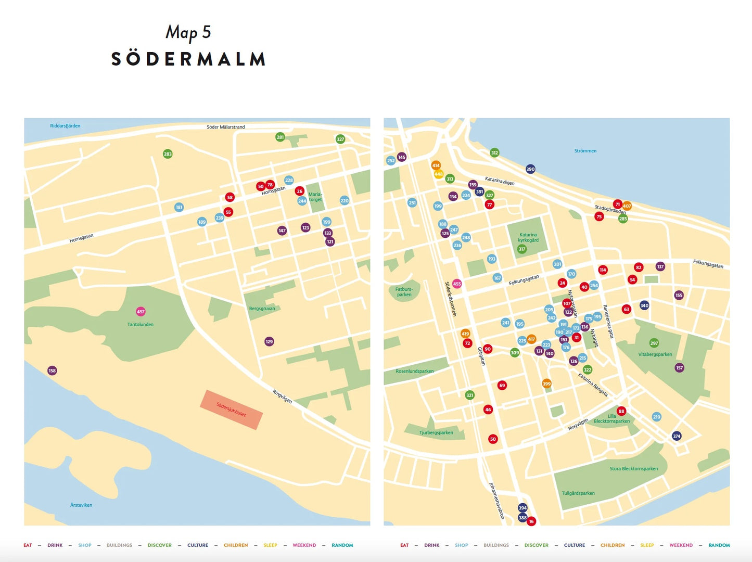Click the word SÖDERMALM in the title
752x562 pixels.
pyautogui.click(x=188, y=59)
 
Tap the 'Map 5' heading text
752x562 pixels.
pyautogui.click(x=188, y=32)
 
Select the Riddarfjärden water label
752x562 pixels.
pyautogui.click(x=65, y=126)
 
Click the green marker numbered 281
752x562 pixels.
pyautogui.click(x=280, y=137)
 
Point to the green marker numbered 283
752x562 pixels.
pyautogui.click(x=168, y=154)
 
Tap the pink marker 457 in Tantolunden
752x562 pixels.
pyautogui.click(x=141, y=312)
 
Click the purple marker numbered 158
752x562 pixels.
pyautogui.click(x=52, y=371)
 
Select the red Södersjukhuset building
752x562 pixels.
pyautogui.click(x=232, y=410)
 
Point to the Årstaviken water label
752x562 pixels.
pyautogui.click(x=81, y=505)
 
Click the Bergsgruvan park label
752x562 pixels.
pyautogui.click(x=262, y=309)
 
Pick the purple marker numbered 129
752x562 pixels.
pyautogui.click(x=269, y=341)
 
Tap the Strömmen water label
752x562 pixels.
pyautogui.click(x=585, y=151)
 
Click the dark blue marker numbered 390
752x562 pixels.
pyautogui.click(x=530, y=169)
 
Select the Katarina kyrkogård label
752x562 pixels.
pyautogui.click(x=528, y=237)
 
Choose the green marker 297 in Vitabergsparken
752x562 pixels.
pyautogui.click(x=654, y=343)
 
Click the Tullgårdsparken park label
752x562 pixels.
pyautogui.click(x=578, y=493)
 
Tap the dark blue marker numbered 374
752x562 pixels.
pyautogui.click(x=677, y=436)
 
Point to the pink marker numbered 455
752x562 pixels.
pyautogui.click(x=457, y=284)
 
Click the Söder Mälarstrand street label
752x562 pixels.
pyautogui.click(x=225, y=127)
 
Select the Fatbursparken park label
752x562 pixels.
pyautogui.click(x=404, y=292)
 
